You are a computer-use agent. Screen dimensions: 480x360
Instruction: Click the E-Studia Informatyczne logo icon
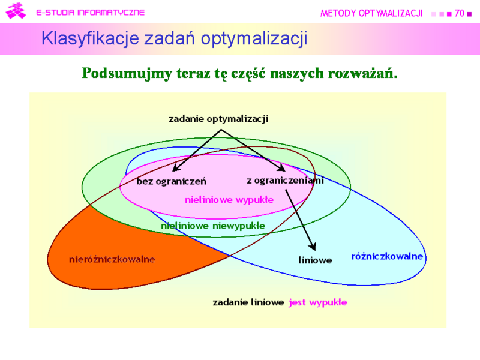pyautogui.click(x=16, y=11)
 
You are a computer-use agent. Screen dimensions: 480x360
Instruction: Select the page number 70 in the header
pyautogui.click(x=460, y=13)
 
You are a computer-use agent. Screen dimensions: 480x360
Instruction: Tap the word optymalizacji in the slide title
pyautogui.click(x=254, y=39)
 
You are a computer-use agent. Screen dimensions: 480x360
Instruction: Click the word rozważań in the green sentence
pyautogui.click(x=363, y=73)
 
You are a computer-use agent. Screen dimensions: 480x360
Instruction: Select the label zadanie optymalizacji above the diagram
pyautogui.click(x=218, y=119)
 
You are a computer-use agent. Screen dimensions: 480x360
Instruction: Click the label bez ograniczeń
pyautogui.click(x=171, y=181)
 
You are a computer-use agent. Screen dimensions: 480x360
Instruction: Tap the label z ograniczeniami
pyautogui.click(x=286, y=181)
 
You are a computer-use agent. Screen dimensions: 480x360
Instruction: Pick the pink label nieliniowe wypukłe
pyautogui.click(x=229, y=200)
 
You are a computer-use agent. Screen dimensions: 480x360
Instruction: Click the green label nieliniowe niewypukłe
pyautogui.click(x=213, y=226)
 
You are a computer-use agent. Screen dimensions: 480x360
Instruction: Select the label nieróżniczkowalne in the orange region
pyautogui.click(x=112, y=259)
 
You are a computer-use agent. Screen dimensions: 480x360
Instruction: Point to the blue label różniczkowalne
pyautogui.click(x=387, y=256)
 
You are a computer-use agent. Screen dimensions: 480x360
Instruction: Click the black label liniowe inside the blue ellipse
pyautogui.click(x=316, y=260)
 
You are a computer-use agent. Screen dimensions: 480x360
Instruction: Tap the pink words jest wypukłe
pyautogui.click(x=318, y=302)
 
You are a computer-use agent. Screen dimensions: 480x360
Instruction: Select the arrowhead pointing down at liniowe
pyautogui.click(x=312, y=246)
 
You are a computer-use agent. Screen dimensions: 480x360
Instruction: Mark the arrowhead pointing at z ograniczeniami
pyautogui.click(x=280, y=167)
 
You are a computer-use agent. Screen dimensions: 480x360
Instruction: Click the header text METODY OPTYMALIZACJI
pyautogui.click(x=371, y=13)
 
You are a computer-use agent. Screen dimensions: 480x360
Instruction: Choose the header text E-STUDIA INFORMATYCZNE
pyautogui.click(x=91, y=13)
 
